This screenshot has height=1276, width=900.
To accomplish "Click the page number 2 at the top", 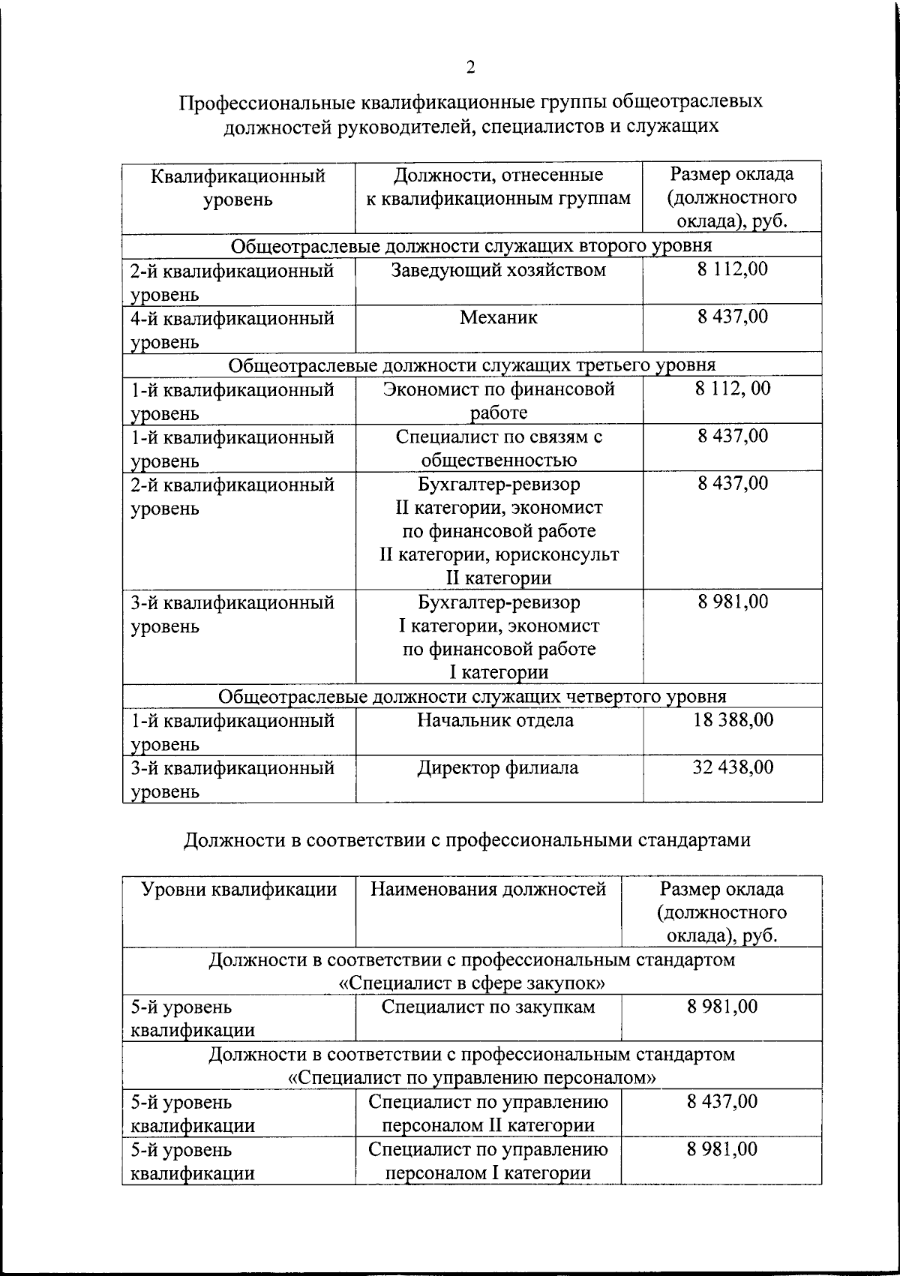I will click(x=470, y=68).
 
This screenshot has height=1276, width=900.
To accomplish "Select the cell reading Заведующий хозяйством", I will click(x=499, y=271).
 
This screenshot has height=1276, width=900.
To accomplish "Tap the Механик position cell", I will click(x=499, y=318).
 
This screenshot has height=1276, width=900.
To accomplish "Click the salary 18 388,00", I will click(x=732, y=721).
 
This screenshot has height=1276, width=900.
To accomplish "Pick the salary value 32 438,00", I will click(x=732, y=768).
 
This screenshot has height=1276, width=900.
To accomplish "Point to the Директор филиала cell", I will click(x=498, y=768).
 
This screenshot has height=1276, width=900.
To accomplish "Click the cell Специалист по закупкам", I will click(x=488, y=1007).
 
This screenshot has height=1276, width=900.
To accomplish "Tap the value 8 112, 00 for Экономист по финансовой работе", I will click(x=732, y=389).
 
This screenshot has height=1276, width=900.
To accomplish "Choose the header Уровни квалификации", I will click(x=239, y=890).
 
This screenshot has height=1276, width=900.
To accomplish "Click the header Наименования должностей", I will click(x=488, y=890).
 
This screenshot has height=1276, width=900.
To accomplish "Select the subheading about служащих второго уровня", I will click(x=471, y=246).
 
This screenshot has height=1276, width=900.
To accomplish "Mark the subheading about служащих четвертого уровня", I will click(x=472, y=697).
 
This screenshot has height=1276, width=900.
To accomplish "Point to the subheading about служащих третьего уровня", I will click(x=472, y=365).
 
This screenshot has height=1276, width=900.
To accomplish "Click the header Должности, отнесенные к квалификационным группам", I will click(x=499, y=187).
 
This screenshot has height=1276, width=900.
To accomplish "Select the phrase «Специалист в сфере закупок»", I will click(x=472, y=983).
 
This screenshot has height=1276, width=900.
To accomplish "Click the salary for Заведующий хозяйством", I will click(x=732, y=270).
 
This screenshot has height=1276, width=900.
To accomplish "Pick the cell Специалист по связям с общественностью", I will click(x=499, y=449).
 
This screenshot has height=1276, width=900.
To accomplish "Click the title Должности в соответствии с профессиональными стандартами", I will click(x=467, y=841).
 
